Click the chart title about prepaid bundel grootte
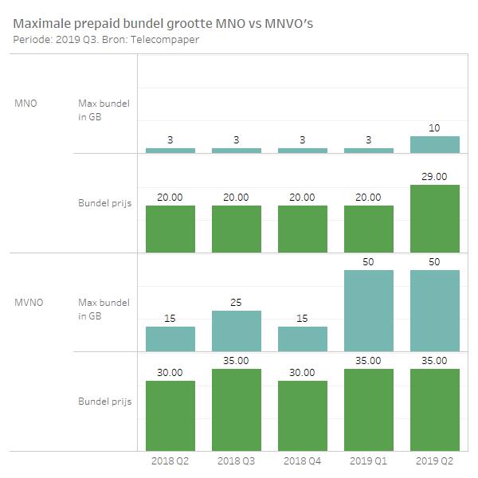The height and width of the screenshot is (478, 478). [163, 23]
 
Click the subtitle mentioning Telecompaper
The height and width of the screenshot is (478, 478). [105, 39]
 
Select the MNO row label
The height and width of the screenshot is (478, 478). [26, 104]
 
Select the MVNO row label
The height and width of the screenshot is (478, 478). [29, 304]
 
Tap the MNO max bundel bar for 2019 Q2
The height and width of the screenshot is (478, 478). [435, 144]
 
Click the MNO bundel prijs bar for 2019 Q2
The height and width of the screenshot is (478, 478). [435, 217]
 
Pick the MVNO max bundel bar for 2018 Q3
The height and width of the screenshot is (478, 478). [236, 331]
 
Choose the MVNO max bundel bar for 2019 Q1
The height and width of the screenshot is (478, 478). [369, 311]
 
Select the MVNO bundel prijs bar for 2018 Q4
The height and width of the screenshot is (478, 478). [303, 414]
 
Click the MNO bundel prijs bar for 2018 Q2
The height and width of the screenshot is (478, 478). [170, 228]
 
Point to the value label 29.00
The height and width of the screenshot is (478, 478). [435, 177]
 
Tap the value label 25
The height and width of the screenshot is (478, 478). [236, 303]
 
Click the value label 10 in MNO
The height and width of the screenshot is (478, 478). [435, 128]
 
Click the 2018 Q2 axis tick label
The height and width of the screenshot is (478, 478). [170, 460]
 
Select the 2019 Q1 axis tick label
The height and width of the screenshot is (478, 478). [369, 460]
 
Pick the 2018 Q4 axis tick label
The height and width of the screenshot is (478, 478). [303, 460]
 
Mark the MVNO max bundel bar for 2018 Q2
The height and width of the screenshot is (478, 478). [170, 339]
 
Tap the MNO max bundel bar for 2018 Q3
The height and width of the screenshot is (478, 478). [236, 150]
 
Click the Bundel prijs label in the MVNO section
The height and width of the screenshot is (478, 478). [104, 401]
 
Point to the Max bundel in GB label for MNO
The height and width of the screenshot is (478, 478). [104, 110]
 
